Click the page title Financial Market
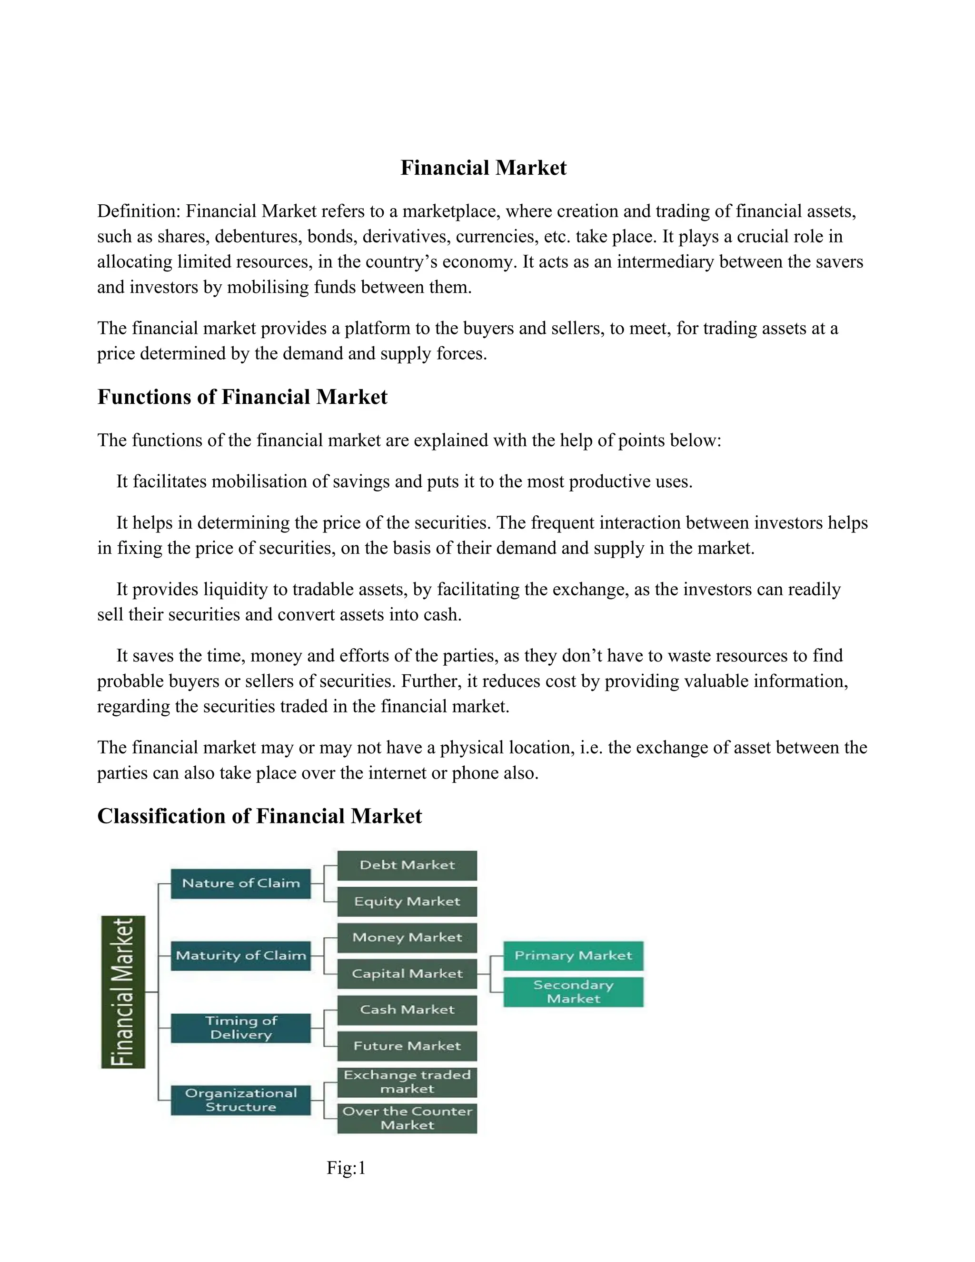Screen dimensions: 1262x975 coord(484,168)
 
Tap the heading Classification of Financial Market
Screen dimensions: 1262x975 coord(259,816)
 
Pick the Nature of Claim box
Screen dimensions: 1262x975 coord(241,883)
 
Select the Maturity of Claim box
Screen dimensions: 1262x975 coord(241,955)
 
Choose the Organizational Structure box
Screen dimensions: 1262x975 coord(241,1100)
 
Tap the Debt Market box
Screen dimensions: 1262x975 coord(407,865)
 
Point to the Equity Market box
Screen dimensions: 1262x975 coord(407,901)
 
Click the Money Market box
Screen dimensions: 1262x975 coord(407,937)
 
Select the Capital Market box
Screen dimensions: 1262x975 coord(407,974)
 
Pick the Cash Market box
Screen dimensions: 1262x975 coord(407,1010)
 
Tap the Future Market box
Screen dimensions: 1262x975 coord(407,1046)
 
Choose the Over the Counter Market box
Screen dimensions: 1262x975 coord(407,1118)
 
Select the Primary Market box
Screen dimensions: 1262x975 coord(573,956)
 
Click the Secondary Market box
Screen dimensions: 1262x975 coord(573,992)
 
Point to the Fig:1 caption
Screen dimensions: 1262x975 coord(346,1168)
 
